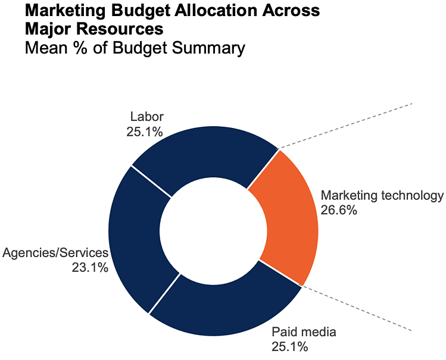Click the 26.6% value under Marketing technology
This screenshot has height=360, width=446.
(339, 210)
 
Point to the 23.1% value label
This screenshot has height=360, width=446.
(90, 268)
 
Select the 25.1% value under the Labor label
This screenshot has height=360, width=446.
(145, 131)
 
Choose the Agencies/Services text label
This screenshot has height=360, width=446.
(55, 253)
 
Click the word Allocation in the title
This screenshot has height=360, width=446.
(226, 10)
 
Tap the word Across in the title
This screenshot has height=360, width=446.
(292, 10)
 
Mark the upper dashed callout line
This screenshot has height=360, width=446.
(345, 126)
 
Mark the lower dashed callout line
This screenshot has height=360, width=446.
(357, 308)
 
